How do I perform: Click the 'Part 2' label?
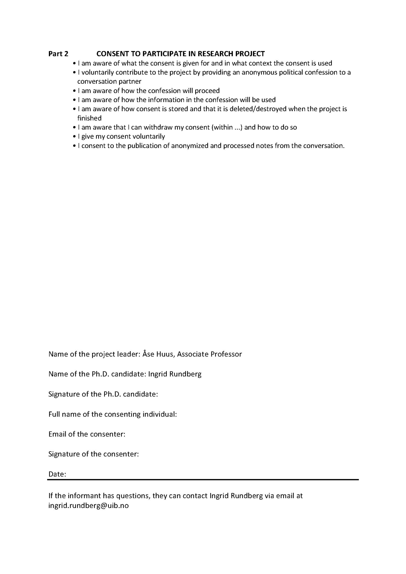point(58,54)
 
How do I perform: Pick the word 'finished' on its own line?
point(90,118)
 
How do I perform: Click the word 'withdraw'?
point(158,128)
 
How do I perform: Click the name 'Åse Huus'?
point(159,354)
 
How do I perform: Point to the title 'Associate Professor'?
point(209,354)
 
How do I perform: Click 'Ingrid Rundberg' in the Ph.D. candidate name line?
point(175,374)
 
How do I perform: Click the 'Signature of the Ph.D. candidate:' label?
point(103,394)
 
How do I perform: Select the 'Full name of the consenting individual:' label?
point(113,414)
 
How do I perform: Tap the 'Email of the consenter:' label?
point(87,434)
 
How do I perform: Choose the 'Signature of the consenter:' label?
point(93,454)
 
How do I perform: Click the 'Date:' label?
point(57,474)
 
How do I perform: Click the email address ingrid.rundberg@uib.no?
point(88,506)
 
